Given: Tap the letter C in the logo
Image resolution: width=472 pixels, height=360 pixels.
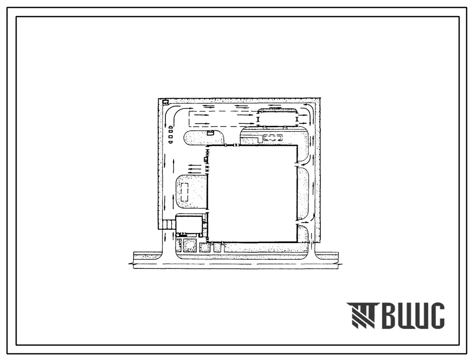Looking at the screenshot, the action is pyautogui.click(x=437, y=315).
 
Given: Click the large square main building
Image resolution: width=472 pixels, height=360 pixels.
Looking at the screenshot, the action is pyautogui.click(x=252, y=194).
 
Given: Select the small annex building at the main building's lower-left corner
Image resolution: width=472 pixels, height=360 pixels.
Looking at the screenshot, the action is pyautogui.click(x=189, y=225).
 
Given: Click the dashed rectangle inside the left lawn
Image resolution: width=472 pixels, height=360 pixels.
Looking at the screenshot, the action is pyautogui.click(x=184, y=192).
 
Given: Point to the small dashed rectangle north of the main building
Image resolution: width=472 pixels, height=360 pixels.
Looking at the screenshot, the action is pyautogui.click(x=274, y=138).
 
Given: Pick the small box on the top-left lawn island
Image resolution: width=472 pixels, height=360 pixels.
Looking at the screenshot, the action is pyautogui.click(x=210, y=133).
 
